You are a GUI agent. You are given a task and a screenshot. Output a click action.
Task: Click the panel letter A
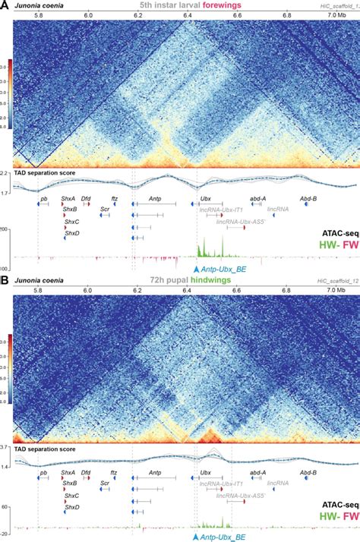[x=5, y=5]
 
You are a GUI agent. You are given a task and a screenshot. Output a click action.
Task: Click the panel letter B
[x=5, y=280]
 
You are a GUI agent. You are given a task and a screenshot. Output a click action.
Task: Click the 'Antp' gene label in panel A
[x=155, y=197]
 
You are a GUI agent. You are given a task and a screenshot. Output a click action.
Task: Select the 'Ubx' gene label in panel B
[x=205, y=472]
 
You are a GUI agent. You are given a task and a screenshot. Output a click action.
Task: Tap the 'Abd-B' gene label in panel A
[x=308, y=197]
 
